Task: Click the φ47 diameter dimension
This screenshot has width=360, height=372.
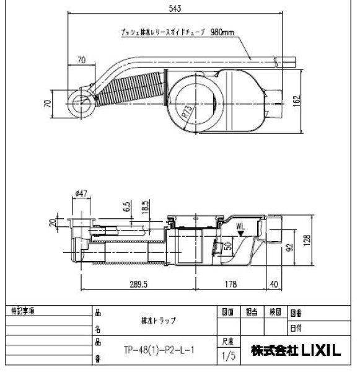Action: pyautogui.click(x=79, y=194)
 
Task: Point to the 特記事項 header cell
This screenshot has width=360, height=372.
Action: pyautogui.click(x=24, y=310)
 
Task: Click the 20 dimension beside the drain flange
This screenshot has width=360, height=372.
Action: pyautogui.click(x=53, y=222)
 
